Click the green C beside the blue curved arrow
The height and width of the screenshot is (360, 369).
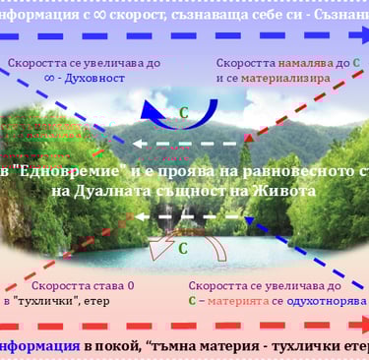(183, 112)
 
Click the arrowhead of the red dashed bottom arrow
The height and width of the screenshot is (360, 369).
(360, 324)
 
